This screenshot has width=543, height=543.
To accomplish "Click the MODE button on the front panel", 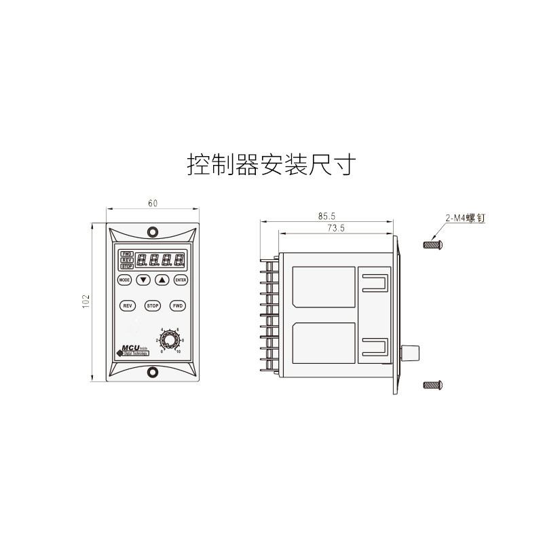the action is [124, 280].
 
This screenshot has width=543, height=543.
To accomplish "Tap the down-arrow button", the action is [143, 280].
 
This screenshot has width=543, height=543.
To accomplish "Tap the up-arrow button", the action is [162, 280].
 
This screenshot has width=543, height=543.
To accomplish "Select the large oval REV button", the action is [127, 306].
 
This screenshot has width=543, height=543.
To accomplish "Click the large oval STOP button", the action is [153, 306].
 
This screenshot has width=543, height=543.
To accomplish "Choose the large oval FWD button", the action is [178, 306].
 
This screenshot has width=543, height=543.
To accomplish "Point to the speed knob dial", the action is [169, 339].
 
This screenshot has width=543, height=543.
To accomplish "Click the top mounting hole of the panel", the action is [153, 231].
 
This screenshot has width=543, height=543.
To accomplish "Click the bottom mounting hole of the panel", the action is [153, 371].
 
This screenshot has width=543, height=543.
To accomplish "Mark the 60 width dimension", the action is [153, 204].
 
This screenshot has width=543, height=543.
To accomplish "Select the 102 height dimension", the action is [86, 301].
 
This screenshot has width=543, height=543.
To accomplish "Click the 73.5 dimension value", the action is [336, 229].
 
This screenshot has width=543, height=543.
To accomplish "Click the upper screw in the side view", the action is [433, 244].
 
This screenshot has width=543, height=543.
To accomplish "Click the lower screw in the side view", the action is [433, 386].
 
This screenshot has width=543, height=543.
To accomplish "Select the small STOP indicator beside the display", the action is [127, 267].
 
